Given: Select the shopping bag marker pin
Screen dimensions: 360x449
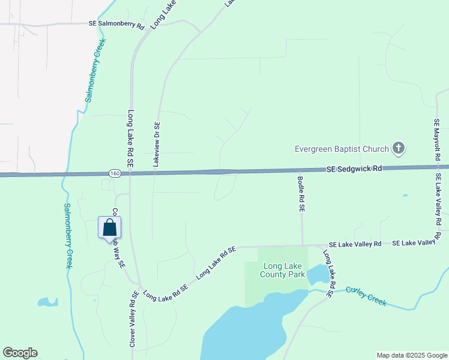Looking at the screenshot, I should (x=109, y=228).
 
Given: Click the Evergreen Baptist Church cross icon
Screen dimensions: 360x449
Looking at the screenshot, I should (x=398, y=148).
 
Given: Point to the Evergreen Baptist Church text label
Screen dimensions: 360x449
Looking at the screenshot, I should (x=342, y=149).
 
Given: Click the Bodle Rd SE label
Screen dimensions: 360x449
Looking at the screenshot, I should (x=302, y=193).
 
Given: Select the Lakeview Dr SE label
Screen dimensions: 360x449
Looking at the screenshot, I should (x=156, y=144).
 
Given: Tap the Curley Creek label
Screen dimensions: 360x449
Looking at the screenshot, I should (x=366, y=296).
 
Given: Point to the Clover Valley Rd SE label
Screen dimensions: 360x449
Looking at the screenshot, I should (x=133, y=319).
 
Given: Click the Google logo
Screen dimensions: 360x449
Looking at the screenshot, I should (x=20, y=353).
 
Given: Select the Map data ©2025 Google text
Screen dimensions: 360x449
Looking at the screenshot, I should (x=411, y=355).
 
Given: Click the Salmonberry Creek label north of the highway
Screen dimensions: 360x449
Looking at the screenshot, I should (x=95, y=70).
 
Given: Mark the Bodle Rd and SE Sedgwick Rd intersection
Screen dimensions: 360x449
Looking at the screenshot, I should (x=300, y=170).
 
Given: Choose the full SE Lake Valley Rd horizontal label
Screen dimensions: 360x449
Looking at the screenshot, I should (x=355, y=244).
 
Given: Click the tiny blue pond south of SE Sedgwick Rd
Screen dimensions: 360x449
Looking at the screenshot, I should (x=405, y=195).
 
